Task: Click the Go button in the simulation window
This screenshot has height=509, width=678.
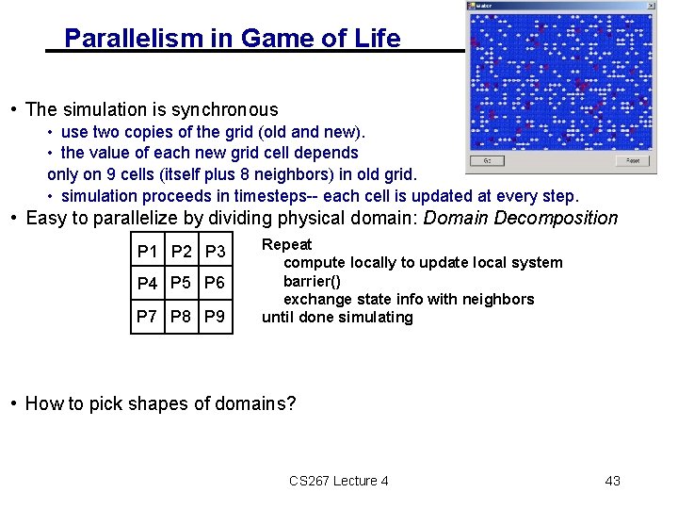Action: point(487,160)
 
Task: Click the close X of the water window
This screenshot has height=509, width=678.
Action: point(649,6)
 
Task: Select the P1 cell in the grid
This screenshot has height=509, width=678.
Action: point(148,252)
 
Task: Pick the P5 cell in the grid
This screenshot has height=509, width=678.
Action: point(181,284)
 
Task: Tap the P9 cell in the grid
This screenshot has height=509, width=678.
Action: point(215,317)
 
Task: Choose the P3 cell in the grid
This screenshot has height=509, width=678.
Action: point(215,252)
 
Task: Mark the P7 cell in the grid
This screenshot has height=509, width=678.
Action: point(148,317)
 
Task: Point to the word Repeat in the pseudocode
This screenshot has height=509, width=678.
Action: point(286,244)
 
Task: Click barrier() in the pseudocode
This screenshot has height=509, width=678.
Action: point(312,281)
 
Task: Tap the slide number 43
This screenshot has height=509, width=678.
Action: point(612,481)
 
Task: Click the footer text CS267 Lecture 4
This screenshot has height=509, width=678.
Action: point(339,481)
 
